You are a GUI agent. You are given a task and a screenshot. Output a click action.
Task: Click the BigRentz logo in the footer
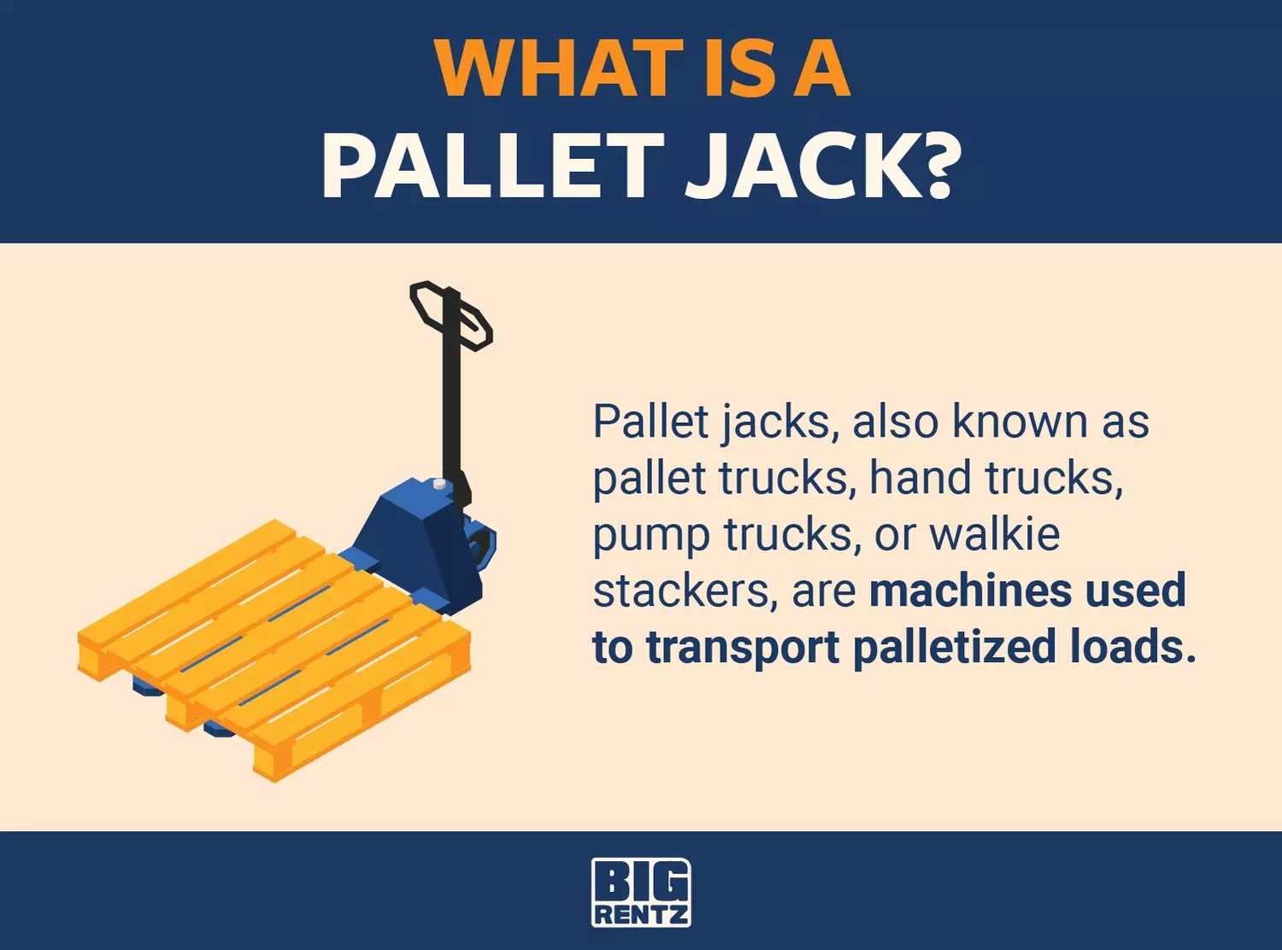click(x=641, y=892)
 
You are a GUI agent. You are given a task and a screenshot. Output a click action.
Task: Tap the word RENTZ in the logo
click(x=641, y=915)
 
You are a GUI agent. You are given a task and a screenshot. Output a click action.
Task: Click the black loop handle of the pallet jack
click(x=450, y=315)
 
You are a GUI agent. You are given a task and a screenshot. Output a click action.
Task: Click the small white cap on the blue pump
click(x=439, y=484)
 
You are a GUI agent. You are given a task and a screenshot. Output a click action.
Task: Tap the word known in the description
click(x=1020, y=421)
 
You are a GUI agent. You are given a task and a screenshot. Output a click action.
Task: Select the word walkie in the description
click(x=995, y=534)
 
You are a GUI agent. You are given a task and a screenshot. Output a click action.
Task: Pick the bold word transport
click(x=743, y=648)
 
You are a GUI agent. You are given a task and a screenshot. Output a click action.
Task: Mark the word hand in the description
click(x=920, y=478)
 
